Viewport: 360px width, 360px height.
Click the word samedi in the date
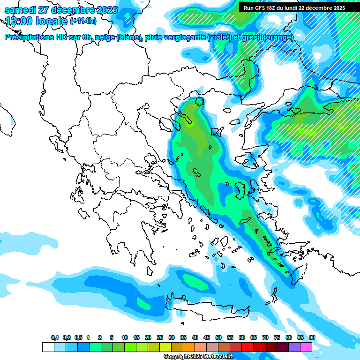(21, 10)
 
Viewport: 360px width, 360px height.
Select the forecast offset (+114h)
(83, 21)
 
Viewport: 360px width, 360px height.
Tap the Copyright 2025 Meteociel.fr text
(199, 357)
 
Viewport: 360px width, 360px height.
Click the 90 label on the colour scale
(312, 337)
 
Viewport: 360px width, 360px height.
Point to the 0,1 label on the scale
(55, 337)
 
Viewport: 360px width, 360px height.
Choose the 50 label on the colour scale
(218, 337)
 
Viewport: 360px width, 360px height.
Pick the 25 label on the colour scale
(160, 337)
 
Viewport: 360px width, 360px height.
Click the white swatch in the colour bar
(48, 347)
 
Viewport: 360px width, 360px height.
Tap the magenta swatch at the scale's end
(306, 347)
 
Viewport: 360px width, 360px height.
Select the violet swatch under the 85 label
(294, 347)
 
